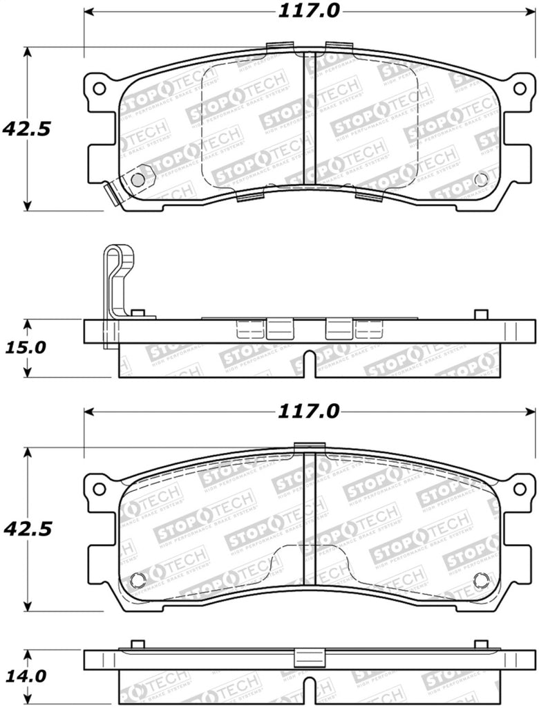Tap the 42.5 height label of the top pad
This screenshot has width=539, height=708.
27,129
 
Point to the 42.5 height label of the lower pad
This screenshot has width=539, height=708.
27,529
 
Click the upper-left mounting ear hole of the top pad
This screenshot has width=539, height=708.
99,88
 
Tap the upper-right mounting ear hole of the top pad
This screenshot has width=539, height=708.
520,88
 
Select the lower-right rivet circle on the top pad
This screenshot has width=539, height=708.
481,179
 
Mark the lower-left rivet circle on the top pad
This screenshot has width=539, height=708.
138,179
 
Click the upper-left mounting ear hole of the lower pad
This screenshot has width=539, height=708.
99,489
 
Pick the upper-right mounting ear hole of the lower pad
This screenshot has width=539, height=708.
520,489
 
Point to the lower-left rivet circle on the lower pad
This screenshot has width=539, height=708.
138,579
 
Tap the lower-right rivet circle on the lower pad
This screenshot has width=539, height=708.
482,579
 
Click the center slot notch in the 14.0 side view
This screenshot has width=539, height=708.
310,689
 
